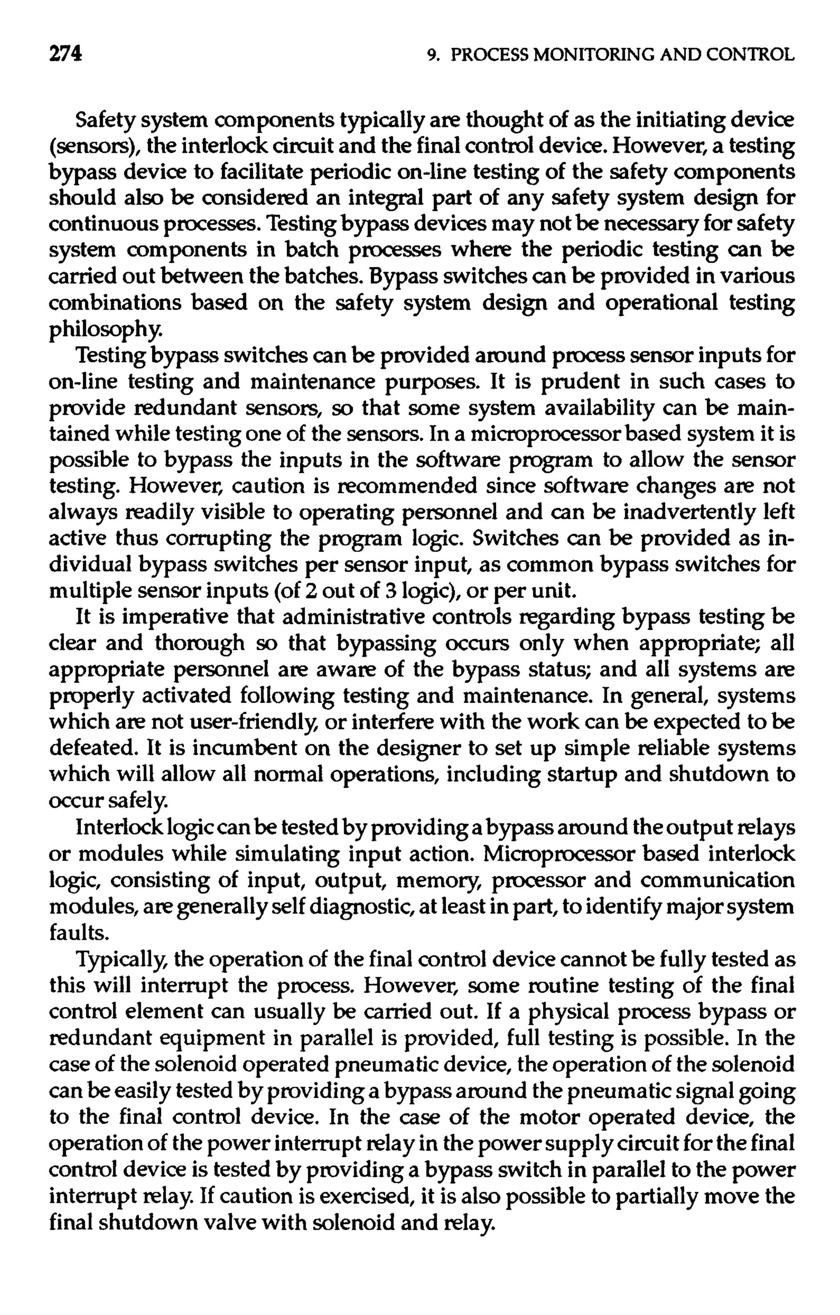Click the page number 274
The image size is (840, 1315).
tap(66, 54)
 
